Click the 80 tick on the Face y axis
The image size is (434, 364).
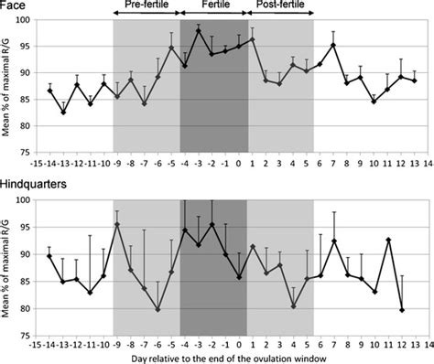pos(27,124)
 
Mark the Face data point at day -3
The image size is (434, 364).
pos(199,31)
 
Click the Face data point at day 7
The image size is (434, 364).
pos(333,45)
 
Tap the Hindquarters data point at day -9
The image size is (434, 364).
pos(118,223)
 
